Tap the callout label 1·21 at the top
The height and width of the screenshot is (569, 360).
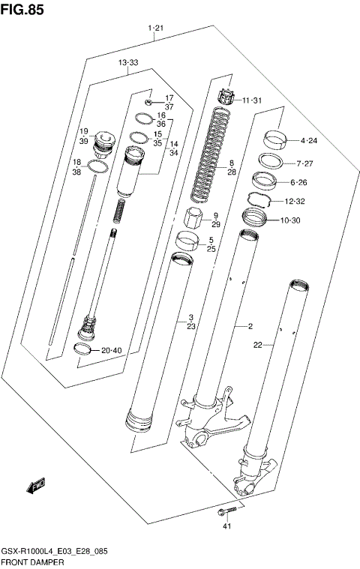(x=156, y=28)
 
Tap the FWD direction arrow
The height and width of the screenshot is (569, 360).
(x=35, y=487)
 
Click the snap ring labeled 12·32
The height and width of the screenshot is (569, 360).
(x=259, y=200)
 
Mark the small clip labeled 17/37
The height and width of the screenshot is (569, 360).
(x=149, y=101)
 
